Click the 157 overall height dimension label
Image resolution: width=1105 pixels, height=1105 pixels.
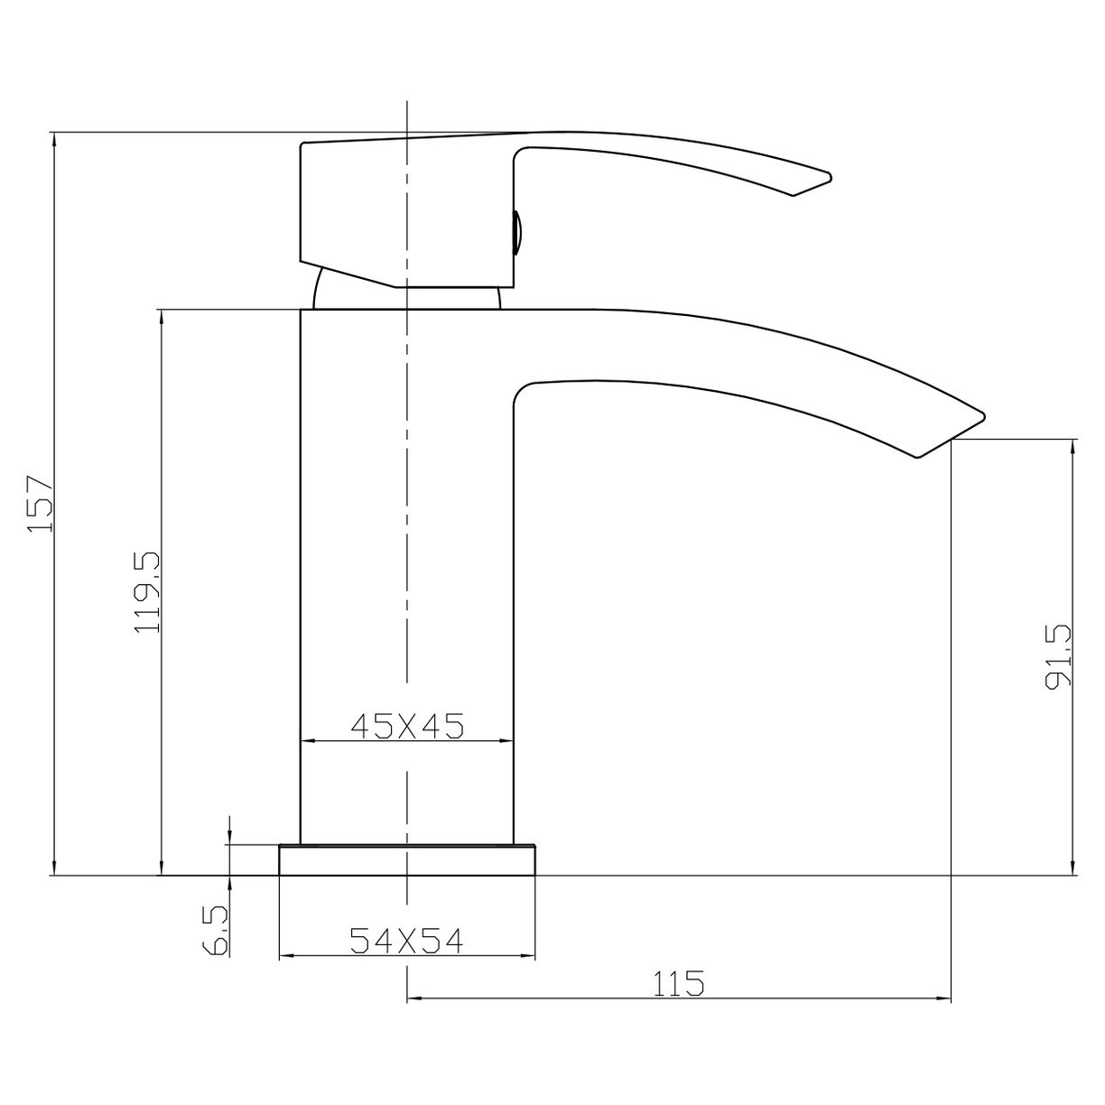41,504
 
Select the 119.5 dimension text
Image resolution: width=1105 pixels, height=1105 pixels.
146,592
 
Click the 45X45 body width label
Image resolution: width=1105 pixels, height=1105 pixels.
406,725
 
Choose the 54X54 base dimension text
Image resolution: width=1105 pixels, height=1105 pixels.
406,942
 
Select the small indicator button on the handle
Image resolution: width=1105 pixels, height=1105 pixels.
517,234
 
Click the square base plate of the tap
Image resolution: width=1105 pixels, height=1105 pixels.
408,859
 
